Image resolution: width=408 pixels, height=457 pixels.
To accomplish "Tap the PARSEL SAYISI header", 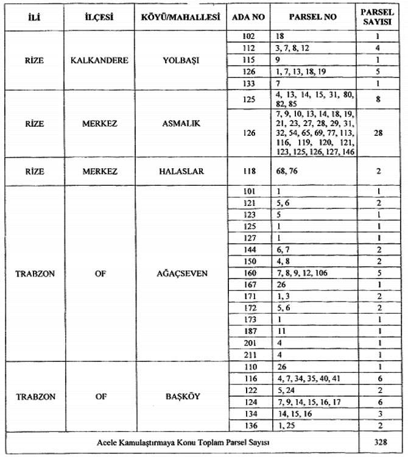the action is coord(379,16).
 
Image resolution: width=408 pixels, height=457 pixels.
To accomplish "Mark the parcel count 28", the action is coord(378,132).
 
